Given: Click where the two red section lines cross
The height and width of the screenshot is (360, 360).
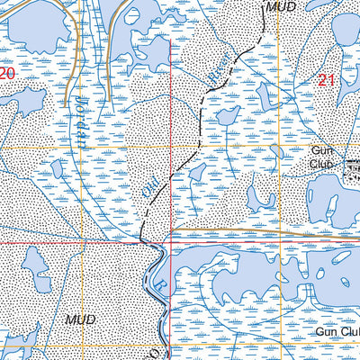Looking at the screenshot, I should (x=170, y=242).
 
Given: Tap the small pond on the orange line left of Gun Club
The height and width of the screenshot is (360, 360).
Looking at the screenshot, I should (x=276, y=148).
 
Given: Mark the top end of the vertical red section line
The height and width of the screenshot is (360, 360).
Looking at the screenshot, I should (x=170, y=2).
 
